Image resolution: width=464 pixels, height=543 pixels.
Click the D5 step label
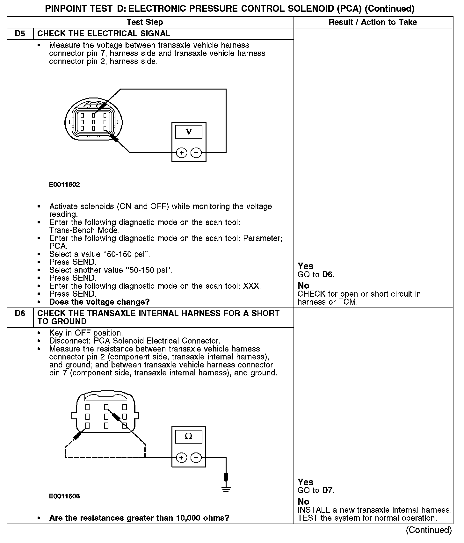coord(20,34)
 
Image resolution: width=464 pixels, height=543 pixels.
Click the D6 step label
coord(20,314)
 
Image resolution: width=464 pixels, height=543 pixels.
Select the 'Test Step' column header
coord(145,22)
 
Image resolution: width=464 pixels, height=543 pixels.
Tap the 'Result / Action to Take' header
coord(373,22)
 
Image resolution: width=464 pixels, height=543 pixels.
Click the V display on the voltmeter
coord(189,132)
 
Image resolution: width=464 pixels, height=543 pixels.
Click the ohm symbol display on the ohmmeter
coord(189,437)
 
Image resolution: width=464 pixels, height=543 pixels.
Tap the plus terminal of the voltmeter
coord(182,153)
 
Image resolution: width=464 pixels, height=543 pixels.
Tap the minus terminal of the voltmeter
coord(196,153)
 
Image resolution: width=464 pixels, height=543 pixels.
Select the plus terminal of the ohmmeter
coord(182,458)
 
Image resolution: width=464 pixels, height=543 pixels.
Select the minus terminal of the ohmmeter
coord(196,458)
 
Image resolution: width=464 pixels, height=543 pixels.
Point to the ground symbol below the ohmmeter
coord(226,489)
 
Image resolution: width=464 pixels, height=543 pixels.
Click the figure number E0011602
coord(64,185)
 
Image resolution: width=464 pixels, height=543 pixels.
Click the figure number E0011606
coord(64,496)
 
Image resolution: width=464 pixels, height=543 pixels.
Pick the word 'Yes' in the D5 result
coord(305,266)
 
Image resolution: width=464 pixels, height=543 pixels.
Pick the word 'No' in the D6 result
coord(303,502)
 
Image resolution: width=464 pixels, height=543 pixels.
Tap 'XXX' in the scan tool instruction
coord(251,286)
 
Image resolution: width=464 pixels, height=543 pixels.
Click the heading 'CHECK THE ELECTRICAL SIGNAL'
coord(104,34)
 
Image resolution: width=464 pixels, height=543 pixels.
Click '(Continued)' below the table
coord(429,530)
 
